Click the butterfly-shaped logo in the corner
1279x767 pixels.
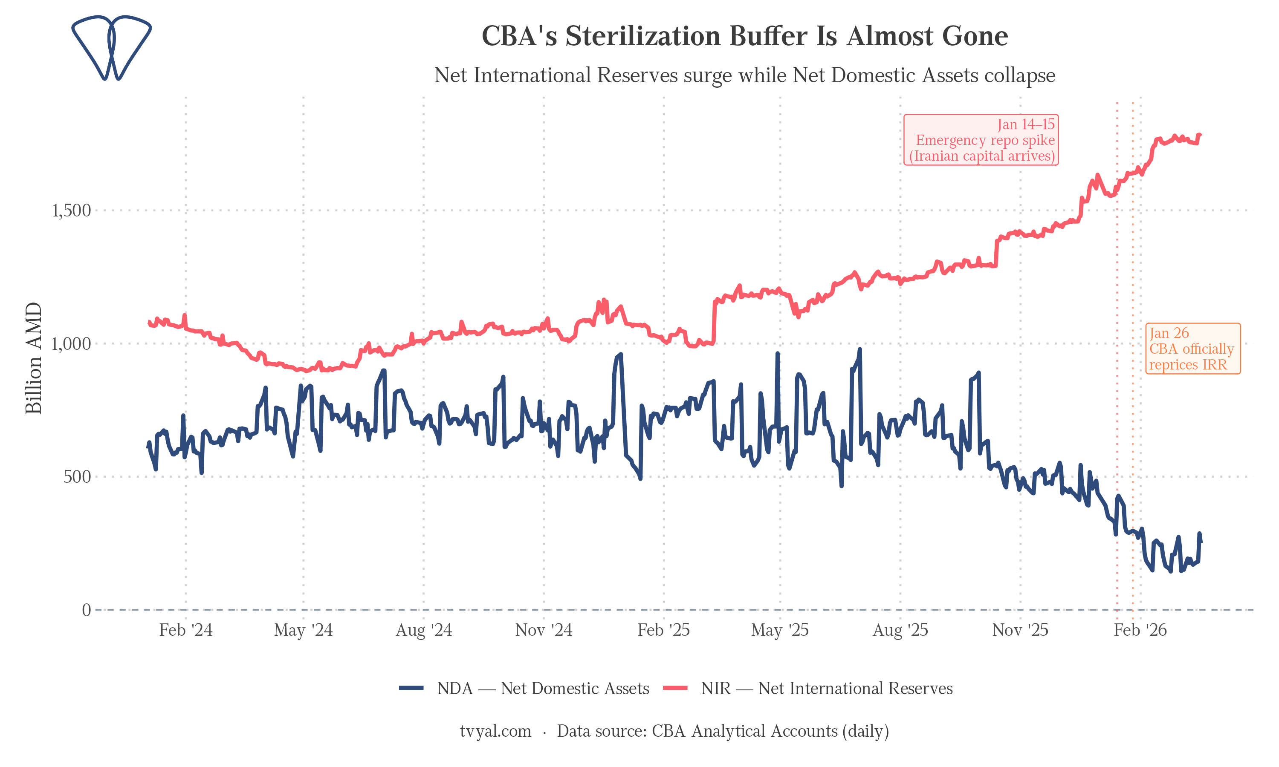111,48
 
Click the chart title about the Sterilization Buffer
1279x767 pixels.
744,36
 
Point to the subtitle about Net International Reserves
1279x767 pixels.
744,75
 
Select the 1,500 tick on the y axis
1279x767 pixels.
71,210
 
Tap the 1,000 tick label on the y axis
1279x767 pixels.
71,344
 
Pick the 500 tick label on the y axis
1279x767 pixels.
77,476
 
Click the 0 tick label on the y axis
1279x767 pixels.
87,610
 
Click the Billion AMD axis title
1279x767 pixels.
34,358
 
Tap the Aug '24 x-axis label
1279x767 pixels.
423,630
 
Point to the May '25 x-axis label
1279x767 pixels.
780,630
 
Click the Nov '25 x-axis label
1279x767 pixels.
1020,630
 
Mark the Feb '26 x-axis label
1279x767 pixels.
1140,630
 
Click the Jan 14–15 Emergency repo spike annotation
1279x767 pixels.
981,140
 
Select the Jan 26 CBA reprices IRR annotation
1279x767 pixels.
1192,349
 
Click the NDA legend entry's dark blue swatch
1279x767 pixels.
411,688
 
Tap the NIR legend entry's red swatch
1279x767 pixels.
675,688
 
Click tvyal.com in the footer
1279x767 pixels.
495,731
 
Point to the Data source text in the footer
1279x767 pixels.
723,731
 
